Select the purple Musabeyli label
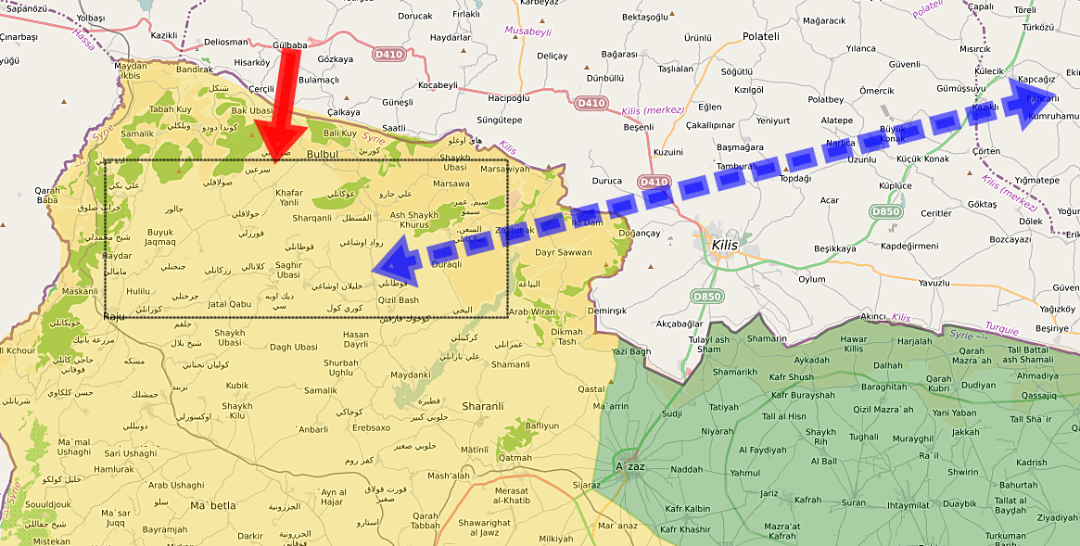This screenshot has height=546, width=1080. pos(527,31)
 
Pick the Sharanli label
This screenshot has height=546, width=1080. pos(483,406)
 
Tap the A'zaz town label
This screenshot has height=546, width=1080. pos(631,465)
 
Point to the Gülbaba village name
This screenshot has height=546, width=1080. pos(290,44)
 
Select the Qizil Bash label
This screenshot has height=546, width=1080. pos(399,299)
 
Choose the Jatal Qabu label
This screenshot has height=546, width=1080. pos(230,304)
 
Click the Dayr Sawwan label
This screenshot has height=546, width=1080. pos(563,252)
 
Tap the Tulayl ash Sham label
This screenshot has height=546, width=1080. pos(709,345)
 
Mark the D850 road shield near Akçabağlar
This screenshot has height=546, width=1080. pos(706,297)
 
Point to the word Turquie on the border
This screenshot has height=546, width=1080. pos(1001,329)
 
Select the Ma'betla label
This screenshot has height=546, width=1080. pos(213,505)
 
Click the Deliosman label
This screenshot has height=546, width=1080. pos(226,42)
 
